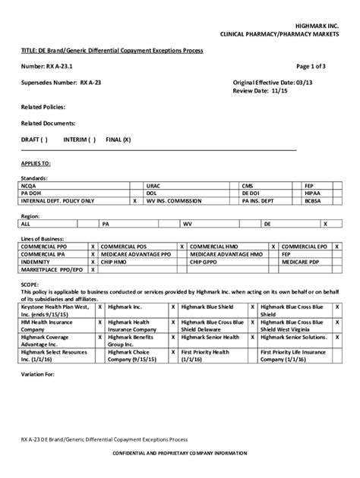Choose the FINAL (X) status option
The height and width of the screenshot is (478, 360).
pyautogui.click(x=118, y=140)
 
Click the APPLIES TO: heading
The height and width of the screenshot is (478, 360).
pyautogui.click(x=36, y=162)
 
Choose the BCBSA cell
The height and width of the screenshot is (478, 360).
pyautogui.click(x=313, y=201)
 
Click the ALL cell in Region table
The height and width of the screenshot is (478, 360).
pyautogui.click(x=26, y=225)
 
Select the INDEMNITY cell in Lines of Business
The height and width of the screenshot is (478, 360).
pyautogui.click(x=36, y=262)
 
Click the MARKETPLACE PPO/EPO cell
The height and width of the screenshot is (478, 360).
pyautogui.click(x=46, y=269)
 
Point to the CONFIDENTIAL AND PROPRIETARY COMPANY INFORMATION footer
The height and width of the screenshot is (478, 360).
pyautogui.click(x=180, y=452)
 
